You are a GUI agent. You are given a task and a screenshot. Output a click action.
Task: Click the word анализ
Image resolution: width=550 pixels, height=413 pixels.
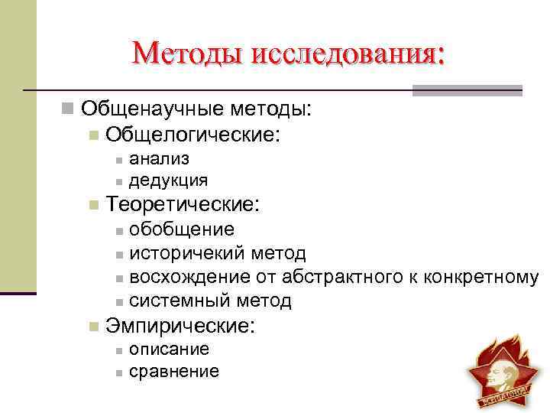click(160, 158)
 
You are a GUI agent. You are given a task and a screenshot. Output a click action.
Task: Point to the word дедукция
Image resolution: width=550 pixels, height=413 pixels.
click(168, 180)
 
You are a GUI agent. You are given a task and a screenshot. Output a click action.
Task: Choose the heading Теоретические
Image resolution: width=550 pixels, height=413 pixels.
click(183, 204)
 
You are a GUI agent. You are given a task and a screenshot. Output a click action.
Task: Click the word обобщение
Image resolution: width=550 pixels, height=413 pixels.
click(182, 229)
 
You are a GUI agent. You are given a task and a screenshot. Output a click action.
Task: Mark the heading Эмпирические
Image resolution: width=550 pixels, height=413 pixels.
click(180, 325)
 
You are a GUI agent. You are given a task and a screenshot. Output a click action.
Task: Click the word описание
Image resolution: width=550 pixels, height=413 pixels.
click(169, 349)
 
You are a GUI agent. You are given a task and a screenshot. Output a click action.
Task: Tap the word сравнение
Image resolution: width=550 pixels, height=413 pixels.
click(174, 372)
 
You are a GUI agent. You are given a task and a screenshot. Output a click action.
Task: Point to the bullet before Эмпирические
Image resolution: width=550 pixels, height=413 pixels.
click(93, 326)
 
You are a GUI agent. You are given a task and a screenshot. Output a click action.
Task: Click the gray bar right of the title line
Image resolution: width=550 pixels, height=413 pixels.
click(467, 90)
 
